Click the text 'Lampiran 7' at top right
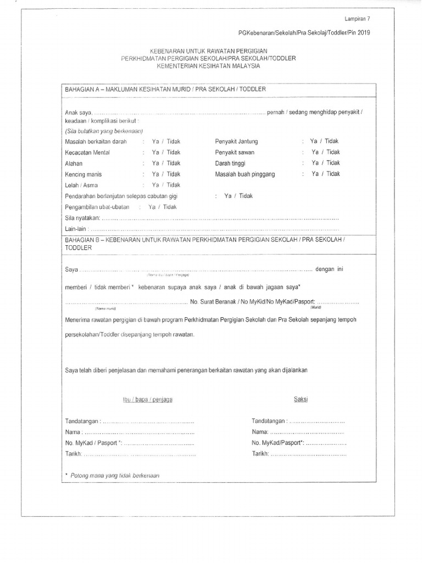358,19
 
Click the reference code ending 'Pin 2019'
301,33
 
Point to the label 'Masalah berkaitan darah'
96,142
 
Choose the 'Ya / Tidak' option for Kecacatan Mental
166,152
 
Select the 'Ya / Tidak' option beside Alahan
166,163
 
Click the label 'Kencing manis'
83,174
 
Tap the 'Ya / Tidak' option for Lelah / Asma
166,185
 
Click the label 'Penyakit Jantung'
237,142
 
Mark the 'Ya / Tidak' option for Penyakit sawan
325,152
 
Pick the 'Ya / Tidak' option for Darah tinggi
325,163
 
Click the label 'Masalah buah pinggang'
245,174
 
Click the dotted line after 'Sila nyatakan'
220,218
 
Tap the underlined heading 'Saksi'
300,399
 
